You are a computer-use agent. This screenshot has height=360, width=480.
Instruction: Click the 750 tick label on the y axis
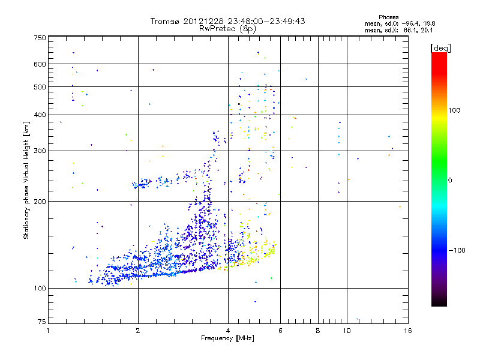(40, 37)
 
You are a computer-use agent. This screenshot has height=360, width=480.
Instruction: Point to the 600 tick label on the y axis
(40, 64)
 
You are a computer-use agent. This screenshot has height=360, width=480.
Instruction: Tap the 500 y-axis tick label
(40, 87)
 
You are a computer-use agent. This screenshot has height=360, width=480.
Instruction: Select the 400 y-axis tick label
(40, 115)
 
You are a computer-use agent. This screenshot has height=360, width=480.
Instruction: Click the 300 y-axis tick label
(40, 151)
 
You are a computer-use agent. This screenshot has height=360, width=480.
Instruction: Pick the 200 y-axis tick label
(40, 201)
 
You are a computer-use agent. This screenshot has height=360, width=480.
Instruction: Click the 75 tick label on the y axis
(41, 323)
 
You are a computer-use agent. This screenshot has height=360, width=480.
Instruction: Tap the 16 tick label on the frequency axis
(407, 331)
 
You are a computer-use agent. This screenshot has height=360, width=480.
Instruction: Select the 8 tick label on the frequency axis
(318, 331)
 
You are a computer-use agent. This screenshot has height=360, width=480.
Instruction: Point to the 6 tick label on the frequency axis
(280, 331)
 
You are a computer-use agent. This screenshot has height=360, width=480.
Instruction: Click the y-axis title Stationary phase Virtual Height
(26, 180)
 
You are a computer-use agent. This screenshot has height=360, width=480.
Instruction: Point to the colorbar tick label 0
(452, 180)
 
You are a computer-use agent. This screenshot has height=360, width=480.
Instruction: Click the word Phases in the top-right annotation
(392, 17)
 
